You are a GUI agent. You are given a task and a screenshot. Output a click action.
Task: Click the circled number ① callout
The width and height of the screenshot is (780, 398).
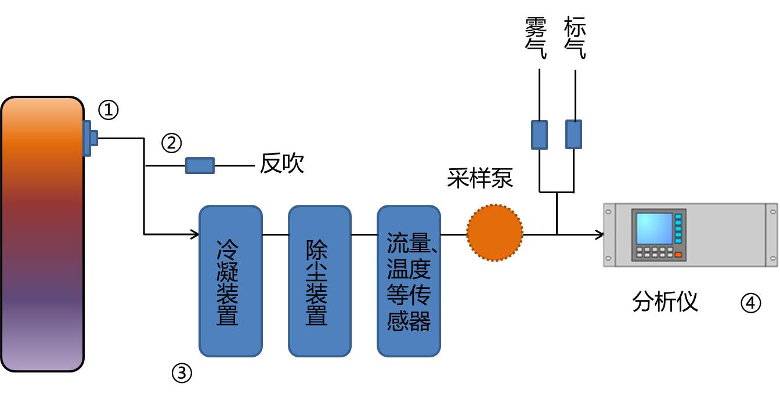point(109,110)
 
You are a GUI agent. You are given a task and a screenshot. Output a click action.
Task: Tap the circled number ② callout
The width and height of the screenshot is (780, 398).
point(171,143)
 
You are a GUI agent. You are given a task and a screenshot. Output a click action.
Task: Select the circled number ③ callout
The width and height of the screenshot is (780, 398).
point(182,373)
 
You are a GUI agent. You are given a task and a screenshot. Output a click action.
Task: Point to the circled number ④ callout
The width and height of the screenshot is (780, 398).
point(751,303)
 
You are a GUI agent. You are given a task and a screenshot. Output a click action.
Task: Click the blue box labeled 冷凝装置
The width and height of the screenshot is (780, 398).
point(230,281)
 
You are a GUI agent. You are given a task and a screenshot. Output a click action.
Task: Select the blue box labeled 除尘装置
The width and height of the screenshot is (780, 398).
point(320,281)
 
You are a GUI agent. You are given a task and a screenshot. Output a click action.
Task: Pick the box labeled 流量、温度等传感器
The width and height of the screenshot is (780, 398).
point(409,281)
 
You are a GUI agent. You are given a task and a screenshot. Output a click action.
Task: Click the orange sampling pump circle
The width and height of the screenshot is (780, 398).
point(495,233)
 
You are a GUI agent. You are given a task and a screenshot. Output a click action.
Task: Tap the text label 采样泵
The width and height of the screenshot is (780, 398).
point(480,178)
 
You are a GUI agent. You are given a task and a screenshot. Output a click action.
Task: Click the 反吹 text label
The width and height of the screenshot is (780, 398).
point(282,163)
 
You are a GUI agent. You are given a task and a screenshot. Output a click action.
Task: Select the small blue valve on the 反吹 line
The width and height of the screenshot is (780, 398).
point(200,165)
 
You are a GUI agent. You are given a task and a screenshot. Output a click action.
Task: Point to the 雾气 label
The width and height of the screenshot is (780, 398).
point(536,38)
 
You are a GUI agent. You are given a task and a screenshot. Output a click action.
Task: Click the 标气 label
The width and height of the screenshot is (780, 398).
point(575,38)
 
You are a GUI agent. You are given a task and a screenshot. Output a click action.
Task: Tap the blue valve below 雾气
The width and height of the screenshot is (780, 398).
point(539,135)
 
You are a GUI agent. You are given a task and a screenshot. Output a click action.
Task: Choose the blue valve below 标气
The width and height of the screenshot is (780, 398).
point(574,135)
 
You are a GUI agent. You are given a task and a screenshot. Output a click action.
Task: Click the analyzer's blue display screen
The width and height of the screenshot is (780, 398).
point(654,229)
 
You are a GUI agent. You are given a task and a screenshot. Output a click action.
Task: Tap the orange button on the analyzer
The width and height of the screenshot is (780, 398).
point(678,255)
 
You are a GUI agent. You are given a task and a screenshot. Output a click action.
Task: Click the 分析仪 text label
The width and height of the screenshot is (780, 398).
point(665,302)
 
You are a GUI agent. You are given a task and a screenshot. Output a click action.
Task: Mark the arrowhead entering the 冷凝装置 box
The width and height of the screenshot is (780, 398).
point(195,234)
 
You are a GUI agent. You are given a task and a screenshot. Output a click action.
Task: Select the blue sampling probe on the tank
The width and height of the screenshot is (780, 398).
point(90,138)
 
